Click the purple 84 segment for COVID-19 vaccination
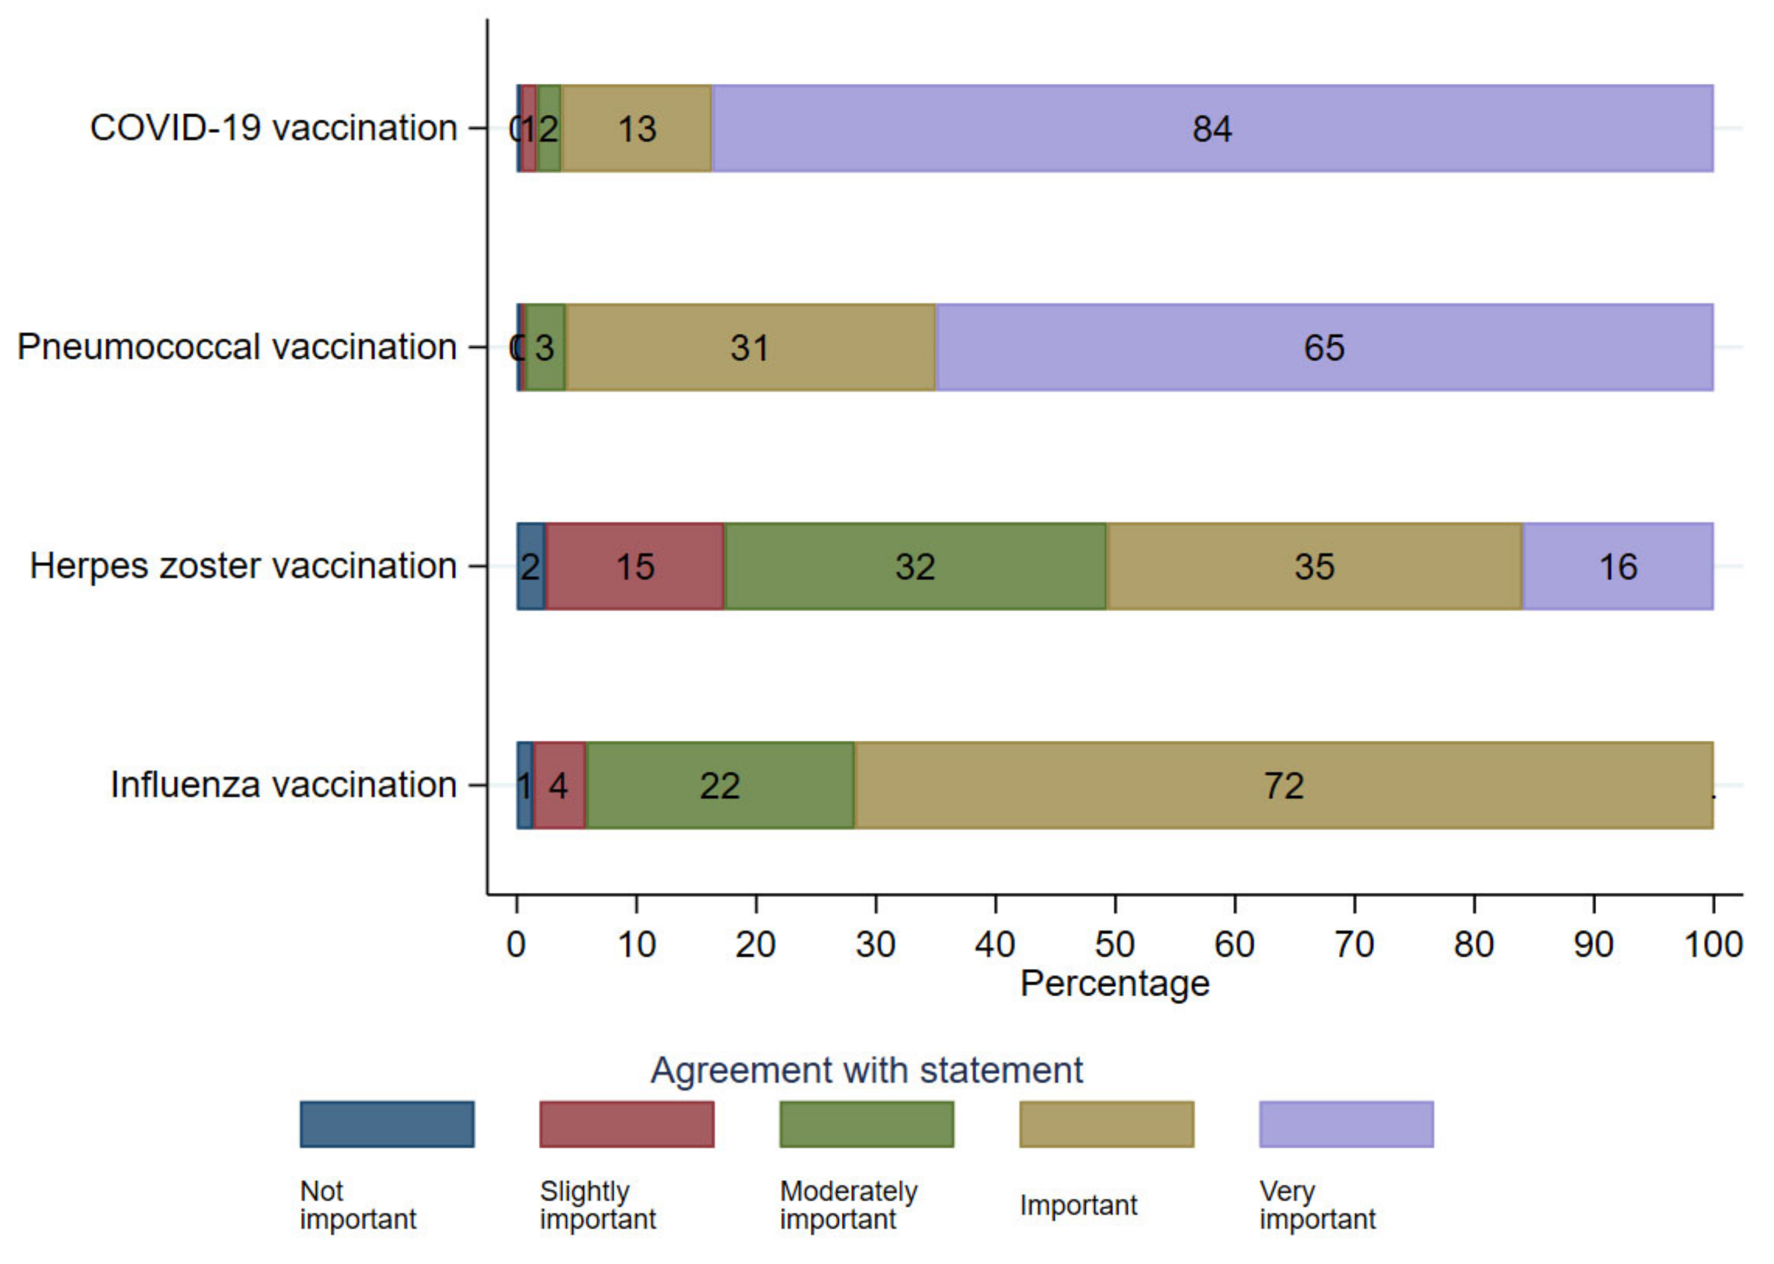(1211, 128)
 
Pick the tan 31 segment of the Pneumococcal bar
(750, 347)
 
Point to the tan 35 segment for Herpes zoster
(1314, 566)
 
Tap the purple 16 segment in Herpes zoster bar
(1618, 566)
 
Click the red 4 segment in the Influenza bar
(559, 785)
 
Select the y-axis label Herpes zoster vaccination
(243, 566)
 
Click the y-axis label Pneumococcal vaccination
(237, 347)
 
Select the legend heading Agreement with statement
(866, 1070)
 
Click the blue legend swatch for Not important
(387, 1124)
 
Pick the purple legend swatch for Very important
(1346, 1124)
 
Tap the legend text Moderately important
(849, 1205)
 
